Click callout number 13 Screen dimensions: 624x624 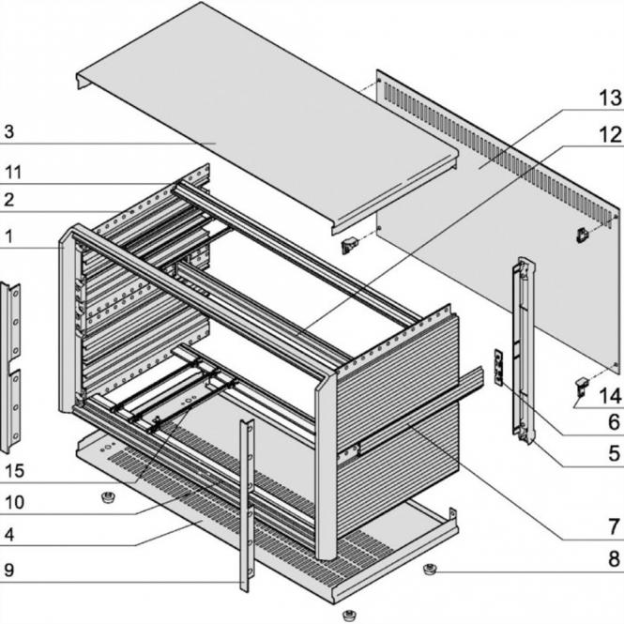[x=611, y=98]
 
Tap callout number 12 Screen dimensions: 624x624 [x=611, y=135]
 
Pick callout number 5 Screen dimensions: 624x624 [x=613, y=453]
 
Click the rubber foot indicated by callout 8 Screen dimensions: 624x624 [x=431, y=569]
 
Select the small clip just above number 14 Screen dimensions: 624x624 [x=581, y=384]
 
